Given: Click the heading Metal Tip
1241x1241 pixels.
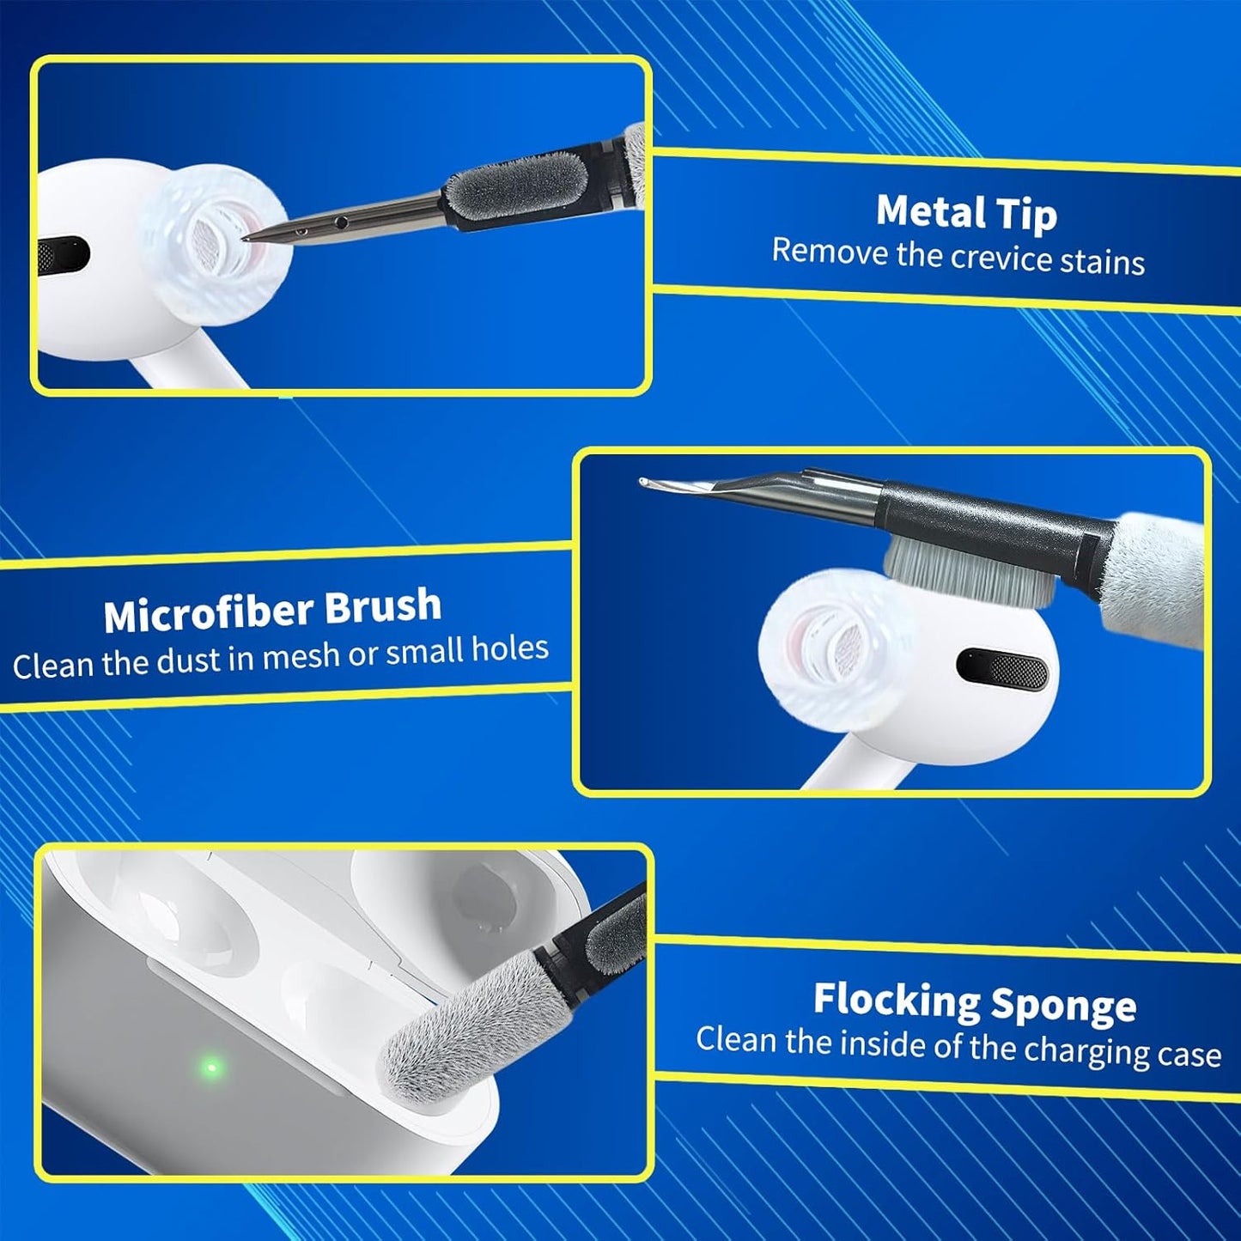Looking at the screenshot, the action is tap(967, 212).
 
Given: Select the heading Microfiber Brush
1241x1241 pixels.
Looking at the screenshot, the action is tap(272, 609).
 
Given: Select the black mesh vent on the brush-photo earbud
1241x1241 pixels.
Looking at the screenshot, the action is tap(1002, 670).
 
